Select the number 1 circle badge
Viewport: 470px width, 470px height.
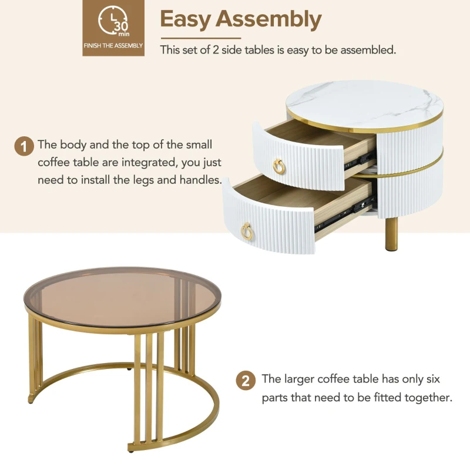point(23,146)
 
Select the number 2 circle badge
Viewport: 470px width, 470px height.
point(246,381)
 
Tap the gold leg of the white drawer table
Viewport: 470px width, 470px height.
point(390,235)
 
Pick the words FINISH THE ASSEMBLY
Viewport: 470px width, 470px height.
point(112,45)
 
